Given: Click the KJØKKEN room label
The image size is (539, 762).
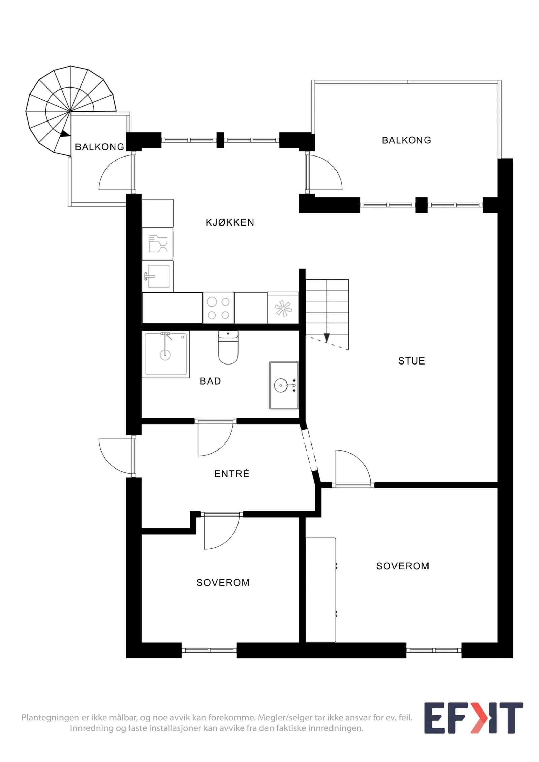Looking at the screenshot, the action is click(230, 222).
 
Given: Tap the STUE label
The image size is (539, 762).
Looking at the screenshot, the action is click(411, 361).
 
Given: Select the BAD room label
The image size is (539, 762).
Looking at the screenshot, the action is click(210, 381).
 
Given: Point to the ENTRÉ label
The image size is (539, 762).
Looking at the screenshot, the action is click(232, 474).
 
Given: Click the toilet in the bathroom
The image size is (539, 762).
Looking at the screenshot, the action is click(228, 347).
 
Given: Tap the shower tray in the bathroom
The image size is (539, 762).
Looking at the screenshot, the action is click(165, 354).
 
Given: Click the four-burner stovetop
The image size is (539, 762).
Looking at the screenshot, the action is click(218, 308).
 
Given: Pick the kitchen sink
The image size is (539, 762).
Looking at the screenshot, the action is click(158, 276).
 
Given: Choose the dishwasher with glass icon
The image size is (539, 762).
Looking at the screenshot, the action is click(158, 244).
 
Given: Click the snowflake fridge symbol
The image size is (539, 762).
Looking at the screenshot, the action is click(283, 308).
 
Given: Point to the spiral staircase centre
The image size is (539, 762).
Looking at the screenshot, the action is click(70, 111).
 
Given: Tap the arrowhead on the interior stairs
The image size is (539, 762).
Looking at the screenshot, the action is click(327, 337).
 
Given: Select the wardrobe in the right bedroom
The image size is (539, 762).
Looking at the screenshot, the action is click(321, 590).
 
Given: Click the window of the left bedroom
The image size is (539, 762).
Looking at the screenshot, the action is click(209, 650).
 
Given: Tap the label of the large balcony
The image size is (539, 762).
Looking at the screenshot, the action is click(406, 140).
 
